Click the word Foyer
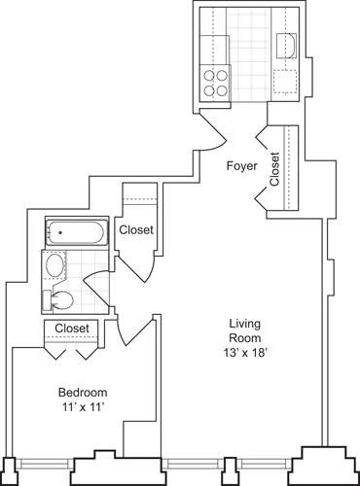[x=242, y=166]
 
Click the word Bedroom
[x=81, y=393]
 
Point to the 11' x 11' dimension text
[x=82, y=407]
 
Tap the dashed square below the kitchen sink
[x=288, y=81]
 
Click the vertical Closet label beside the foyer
[x=275, y=167]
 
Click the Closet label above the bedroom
[x=73, y=329]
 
